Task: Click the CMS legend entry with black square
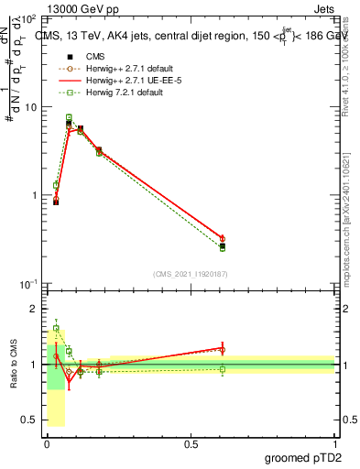[x=82, y=57]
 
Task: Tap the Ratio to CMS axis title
[x=13, y=365]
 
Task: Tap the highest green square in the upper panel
[x=69, y=117]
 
